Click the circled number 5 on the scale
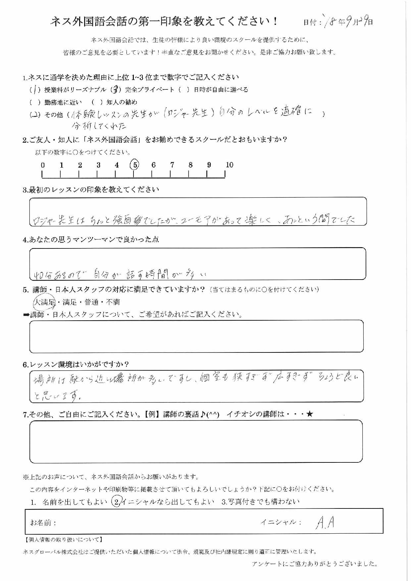pyautogui.click(x=134, y=164)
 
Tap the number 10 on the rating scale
pyautogui.click(x=229, y=165)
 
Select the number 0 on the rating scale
pyautogui.click(x=43, y=165)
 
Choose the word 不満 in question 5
pyautogui.click(x=113, y=302)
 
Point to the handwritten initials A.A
pyautogui.click(x=325, y=523)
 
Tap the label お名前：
pyautogui.click(x=43, y=523)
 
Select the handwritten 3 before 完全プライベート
pyautogui.click(x=116, y=90)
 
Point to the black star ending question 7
pyautogui.click(x=310, y=414)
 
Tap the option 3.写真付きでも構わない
pyautogui.click(x=260, y=502)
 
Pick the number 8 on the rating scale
pyautogui.click(x=190, y=165)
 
